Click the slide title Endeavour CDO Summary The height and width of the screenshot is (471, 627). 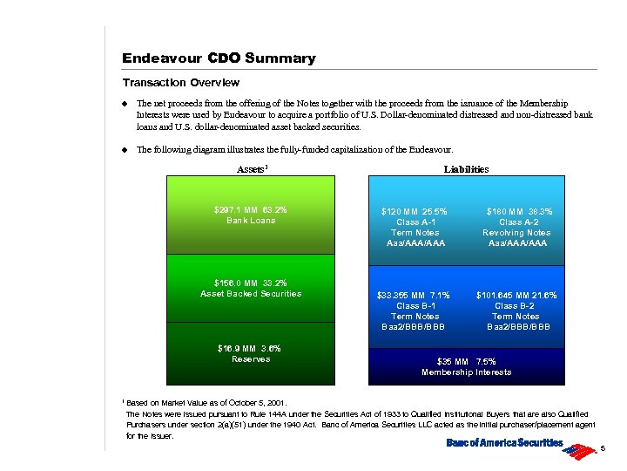[219, 58]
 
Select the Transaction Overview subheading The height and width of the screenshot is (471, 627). [180, 83]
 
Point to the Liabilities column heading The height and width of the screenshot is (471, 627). [466, 169]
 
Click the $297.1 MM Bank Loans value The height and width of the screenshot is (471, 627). [251, 210]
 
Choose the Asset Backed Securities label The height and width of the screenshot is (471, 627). [251, 294]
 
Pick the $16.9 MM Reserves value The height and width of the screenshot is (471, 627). [251, 348]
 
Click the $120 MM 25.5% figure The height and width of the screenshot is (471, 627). [415, 212]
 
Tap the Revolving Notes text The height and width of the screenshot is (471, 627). [516, 233]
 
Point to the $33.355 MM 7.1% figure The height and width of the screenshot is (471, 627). [414, 296]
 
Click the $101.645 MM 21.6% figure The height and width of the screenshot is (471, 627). [516, 296]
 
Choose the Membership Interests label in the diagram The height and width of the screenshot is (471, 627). [466, 372]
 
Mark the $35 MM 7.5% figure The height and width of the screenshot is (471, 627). [466, 361]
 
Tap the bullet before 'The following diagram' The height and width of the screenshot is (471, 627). [125, 149]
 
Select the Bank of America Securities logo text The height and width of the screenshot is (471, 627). [504, 443]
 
